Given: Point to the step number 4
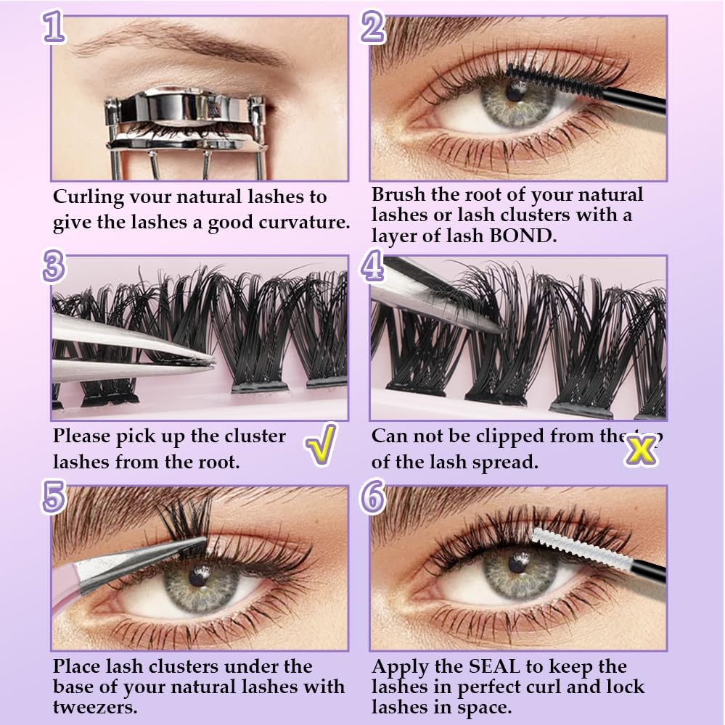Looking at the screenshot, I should click(x=372, y=268).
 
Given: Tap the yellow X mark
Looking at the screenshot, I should click(x=641, y=450).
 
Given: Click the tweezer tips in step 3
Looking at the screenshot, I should click(x=207, y=360).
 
